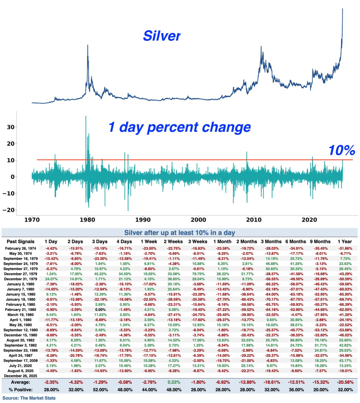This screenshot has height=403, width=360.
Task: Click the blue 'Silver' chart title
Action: tap(162, 36)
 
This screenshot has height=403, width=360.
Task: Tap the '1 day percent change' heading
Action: tap(179, 127)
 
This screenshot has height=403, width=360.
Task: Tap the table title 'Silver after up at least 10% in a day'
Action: tap(180, 232)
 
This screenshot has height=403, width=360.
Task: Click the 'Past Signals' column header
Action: tap(21, 241)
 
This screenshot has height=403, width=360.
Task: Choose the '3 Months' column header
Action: tap(271, 241)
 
